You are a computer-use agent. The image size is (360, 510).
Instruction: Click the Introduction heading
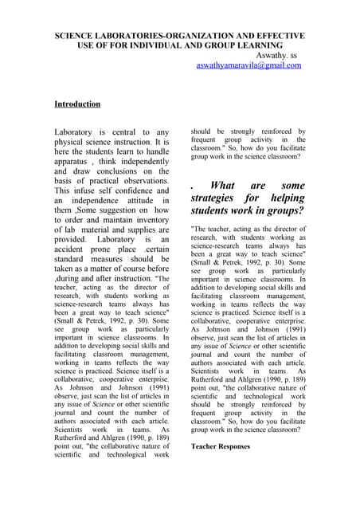tap(77, 104)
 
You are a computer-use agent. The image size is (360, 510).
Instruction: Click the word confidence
tap(144, 191)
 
